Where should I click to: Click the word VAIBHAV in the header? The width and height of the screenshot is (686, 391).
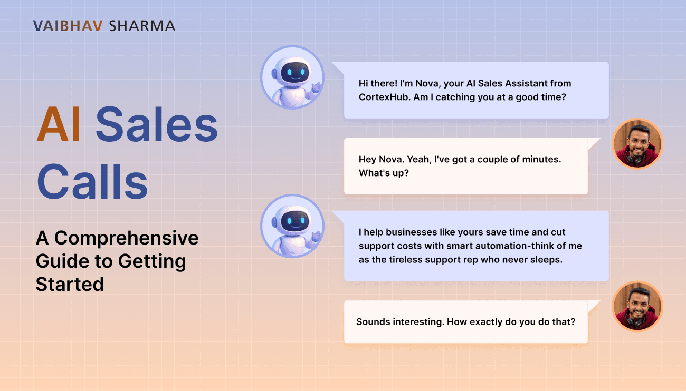click(x=68, y=26)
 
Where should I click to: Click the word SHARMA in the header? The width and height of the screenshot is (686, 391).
click(x=142, y=26)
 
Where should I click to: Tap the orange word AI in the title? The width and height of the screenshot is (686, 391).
click(x=59, y=124)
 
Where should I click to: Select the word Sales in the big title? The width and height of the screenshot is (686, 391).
click(x=157, y=124)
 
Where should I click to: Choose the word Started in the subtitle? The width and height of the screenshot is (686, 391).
click(x=70, y=285)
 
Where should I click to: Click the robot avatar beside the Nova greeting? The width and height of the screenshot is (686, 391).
click(x=292, y=77)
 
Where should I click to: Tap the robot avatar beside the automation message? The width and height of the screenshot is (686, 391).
click(x=292, y=226)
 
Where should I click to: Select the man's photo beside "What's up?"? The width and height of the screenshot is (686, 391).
click(x=637, y=144)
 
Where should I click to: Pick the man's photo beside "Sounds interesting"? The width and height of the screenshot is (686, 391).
click(x=637, y=306)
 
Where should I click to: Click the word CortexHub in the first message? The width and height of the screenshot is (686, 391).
click(x=385, y=97)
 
